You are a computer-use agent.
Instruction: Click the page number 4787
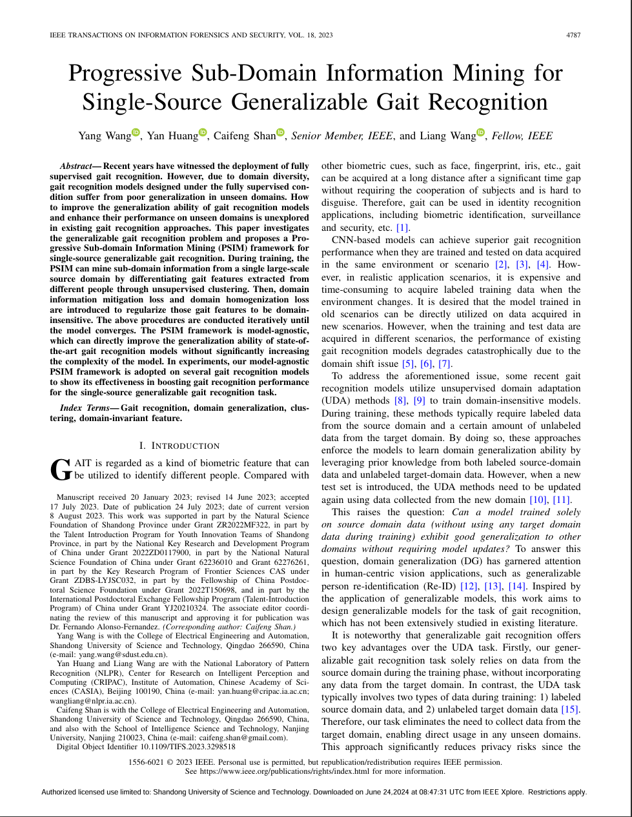pos(573,35)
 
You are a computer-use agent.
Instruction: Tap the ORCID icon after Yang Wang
pos(136,133)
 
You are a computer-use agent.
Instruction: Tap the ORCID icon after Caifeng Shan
pos(280,133)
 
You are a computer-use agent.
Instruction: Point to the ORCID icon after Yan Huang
pos(203,133)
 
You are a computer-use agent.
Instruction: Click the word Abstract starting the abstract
pos(76,166)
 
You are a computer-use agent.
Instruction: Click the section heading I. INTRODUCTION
pos(179,446)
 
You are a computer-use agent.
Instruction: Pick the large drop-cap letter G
pos(61,470)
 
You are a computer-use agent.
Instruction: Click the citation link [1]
pos(403,228)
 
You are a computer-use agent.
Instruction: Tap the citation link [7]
pos(445,364)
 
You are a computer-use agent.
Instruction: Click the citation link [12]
pos(469,586)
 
